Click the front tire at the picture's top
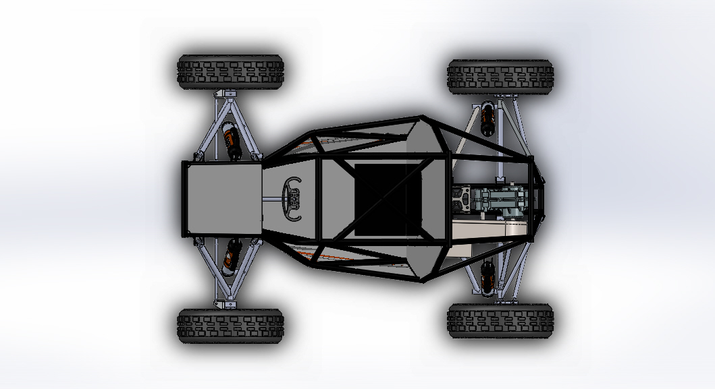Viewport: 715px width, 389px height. (x=230, y=72)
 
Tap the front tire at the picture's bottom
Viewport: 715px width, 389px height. (x=230, y=326)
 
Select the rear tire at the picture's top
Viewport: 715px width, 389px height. (x=500, y=77)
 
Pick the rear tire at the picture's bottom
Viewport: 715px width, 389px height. (x=500, y=320)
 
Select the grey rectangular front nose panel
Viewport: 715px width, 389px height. (x=222, y=199)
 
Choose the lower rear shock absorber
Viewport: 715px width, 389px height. (x=487, y=276)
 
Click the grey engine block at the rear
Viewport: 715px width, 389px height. (x=500, y=200)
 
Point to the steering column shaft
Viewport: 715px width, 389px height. (x=273, y=198)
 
